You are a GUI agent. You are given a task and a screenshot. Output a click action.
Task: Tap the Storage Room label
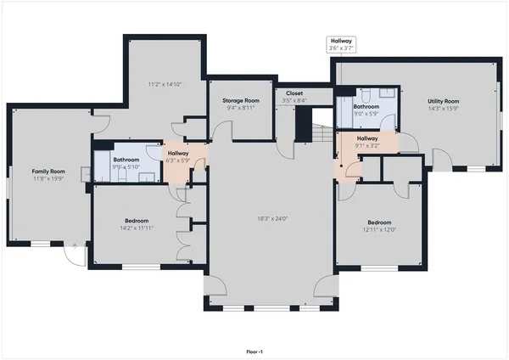pos(241,100)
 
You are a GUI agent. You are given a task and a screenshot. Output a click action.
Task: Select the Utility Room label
pos(442,100)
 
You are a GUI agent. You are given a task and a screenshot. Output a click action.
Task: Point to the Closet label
pos(294,93)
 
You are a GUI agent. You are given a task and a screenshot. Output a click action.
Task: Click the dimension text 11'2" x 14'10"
pos(165,84)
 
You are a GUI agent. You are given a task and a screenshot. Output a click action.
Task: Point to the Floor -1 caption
pos(255,350)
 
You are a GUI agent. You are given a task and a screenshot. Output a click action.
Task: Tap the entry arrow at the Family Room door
pos(75,246)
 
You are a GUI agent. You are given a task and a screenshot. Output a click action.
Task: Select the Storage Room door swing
pos(224,132)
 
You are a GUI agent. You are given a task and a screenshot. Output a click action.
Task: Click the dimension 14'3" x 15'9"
pos(442,108)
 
